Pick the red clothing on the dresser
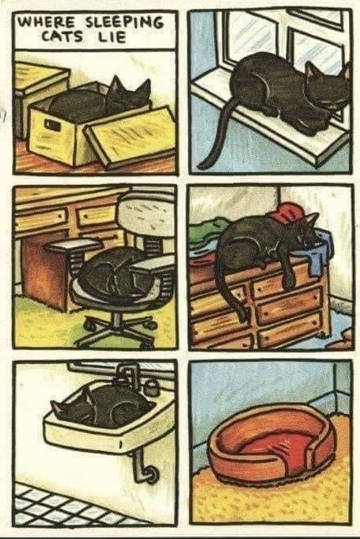pyautogui.click(x=289, y=212)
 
